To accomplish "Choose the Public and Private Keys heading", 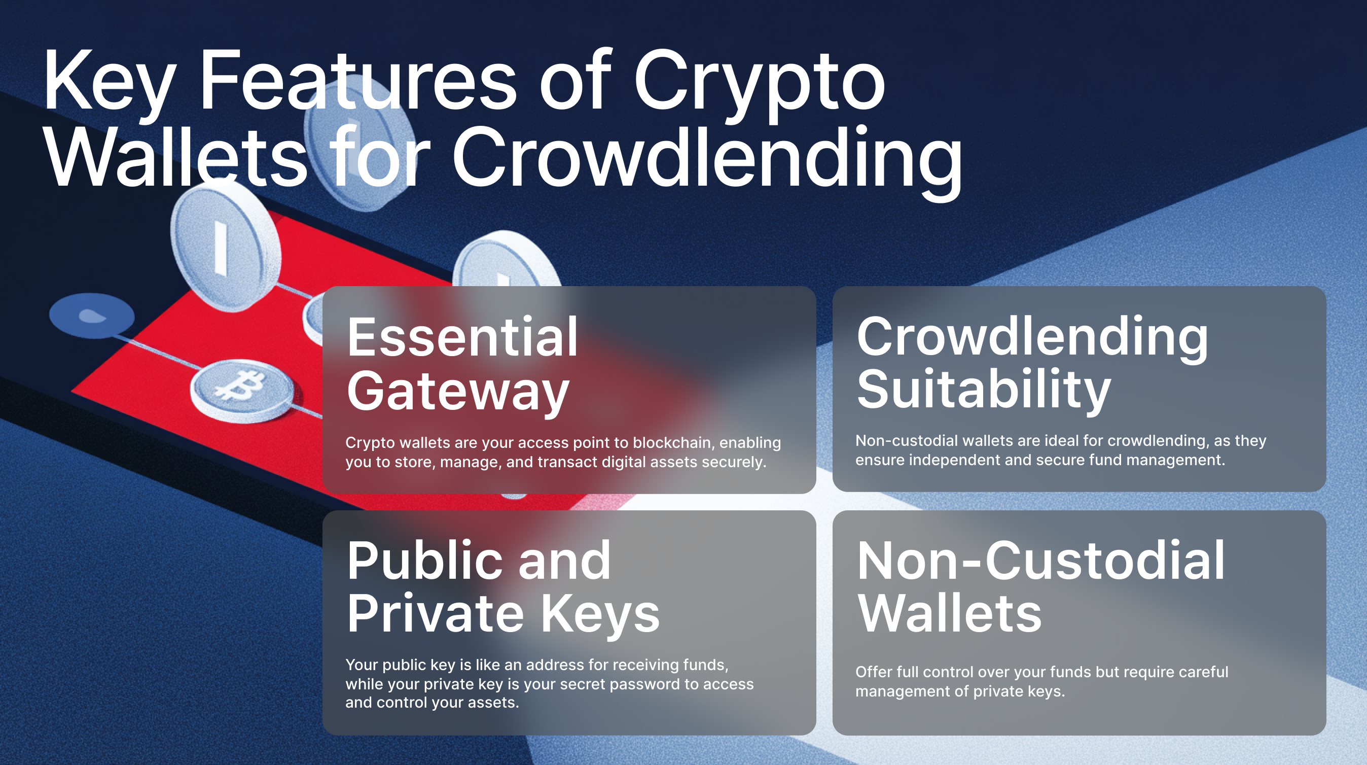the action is click(503, 587).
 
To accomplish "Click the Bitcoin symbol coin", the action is click(242, 391).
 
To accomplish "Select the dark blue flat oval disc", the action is click(91, 316).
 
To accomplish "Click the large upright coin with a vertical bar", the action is click(225, 247).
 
